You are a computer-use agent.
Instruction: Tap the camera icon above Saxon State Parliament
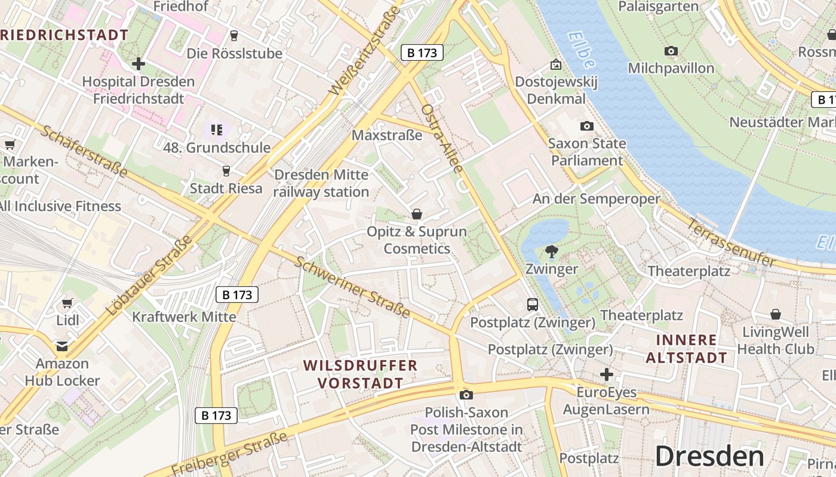coord(587,126)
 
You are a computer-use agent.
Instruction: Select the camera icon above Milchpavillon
coord(671,51)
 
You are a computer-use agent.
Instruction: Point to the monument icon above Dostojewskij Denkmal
coord(556,64)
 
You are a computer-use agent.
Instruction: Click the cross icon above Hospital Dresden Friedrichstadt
coord(139,63)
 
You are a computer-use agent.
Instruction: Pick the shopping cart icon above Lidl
coord(67,303)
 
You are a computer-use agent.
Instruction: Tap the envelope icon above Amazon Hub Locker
coord(62,346)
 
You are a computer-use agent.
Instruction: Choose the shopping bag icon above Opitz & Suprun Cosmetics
coord(417,213)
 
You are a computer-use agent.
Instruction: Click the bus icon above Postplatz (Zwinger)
coord(533,305)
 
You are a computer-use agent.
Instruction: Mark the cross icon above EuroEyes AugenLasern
coord(607,374)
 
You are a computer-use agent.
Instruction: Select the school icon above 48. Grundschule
coord(216,129)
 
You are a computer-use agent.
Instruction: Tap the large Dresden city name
coord(709,456)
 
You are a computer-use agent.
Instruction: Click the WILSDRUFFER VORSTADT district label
coord(360,374)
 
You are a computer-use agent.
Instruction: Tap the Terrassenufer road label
coord(732,243)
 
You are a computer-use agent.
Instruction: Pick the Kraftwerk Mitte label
coord(184,316)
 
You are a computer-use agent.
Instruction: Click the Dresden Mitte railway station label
coord(321,183)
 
